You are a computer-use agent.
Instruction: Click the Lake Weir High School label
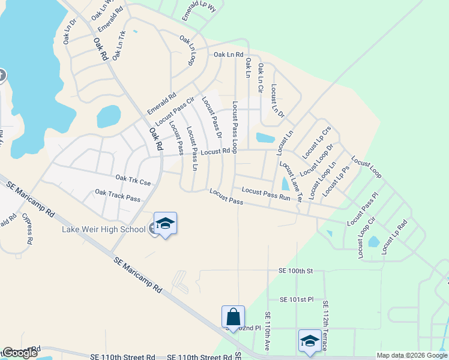pos(104,229)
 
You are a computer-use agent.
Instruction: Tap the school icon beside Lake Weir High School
pos(165,224)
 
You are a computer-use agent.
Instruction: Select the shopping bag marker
pos(233,317)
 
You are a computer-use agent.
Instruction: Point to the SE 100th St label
pos(296,271)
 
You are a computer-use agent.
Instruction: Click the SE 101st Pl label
pos(297,299)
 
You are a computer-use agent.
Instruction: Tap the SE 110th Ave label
pos(268,332)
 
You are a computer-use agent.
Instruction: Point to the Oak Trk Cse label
pos(133,179)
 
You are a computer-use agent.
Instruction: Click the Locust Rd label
pos(215,152)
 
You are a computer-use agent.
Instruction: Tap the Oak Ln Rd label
pos(229,55)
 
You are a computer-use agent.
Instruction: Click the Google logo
pos(19,353)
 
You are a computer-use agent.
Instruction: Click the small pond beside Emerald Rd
pos(108,116)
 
